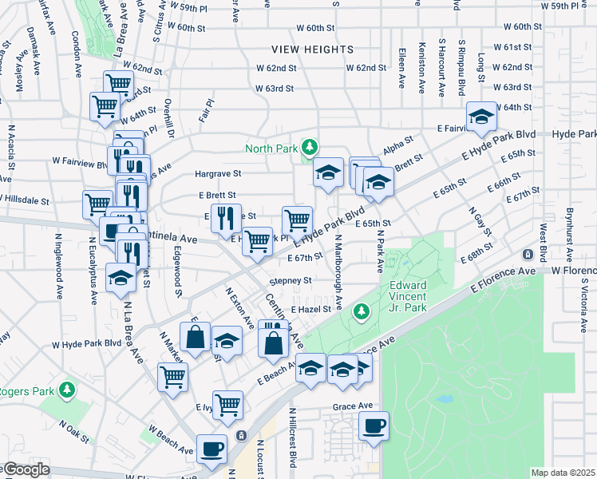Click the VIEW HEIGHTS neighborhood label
(312, 49)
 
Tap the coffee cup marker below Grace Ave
(373, 426)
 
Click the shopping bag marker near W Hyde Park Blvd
(195, 337)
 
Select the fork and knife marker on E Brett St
(225, 216)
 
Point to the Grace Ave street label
(353, 406)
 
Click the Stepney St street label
(290, 281)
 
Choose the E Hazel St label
(310, 309)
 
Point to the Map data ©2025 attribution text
(562, 473)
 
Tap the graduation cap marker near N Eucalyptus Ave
(121, 279)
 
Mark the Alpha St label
(397, 147)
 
